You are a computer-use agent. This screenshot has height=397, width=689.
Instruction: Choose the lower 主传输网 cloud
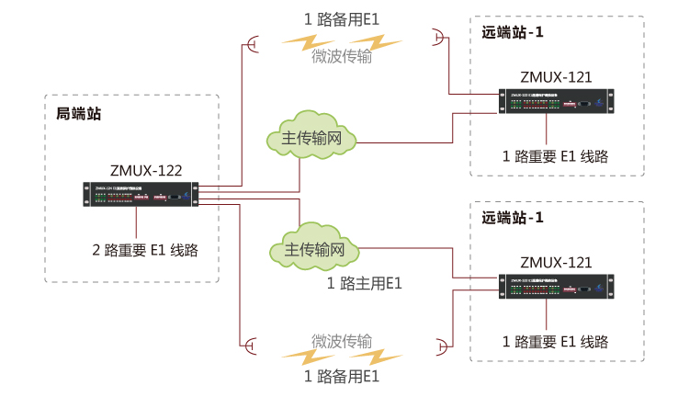[x=313, y=250]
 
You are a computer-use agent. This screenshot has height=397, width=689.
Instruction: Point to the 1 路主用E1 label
[x=365, y=283]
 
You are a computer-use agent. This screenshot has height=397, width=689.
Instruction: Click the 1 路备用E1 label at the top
[x=341, y=19]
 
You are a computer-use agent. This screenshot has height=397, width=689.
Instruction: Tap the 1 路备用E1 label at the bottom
[x=341, y=376]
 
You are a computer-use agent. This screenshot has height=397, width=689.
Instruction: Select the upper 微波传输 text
[x=342, y=56]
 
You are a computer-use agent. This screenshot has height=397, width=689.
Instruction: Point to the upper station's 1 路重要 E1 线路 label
[x=556, y=155]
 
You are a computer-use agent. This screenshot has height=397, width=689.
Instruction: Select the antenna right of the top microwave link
[x=438, y=36]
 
